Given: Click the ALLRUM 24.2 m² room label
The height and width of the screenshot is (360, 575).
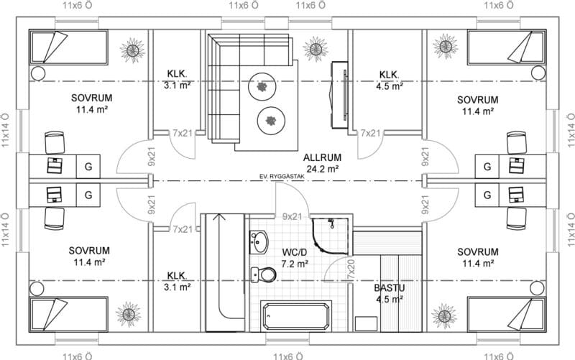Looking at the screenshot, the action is tap(322, 163).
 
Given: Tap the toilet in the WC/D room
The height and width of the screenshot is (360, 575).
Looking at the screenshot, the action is tap(263, 274).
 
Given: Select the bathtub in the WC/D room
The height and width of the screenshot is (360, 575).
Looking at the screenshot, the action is tap(296, 315).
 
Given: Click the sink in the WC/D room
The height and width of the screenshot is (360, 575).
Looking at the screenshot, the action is tap(259, 242).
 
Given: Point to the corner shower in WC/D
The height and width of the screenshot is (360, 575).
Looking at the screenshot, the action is tap(330, 236).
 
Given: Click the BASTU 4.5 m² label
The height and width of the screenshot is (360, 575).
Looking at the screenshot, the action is tap(390, 293).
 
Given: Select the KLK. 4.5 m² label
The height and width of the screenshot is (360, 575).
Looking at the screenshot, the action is tap(390, 80).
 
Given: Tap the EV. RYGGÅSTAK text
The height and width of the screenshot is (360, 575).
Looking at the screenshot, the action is tap(282, 177).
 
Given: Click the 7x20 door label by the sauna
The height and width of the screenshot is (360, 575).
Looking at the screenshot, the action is tap(351, 271).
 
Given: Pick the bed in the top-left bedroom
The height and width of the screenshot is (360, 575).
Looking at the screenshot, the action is tap(68, 47).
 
